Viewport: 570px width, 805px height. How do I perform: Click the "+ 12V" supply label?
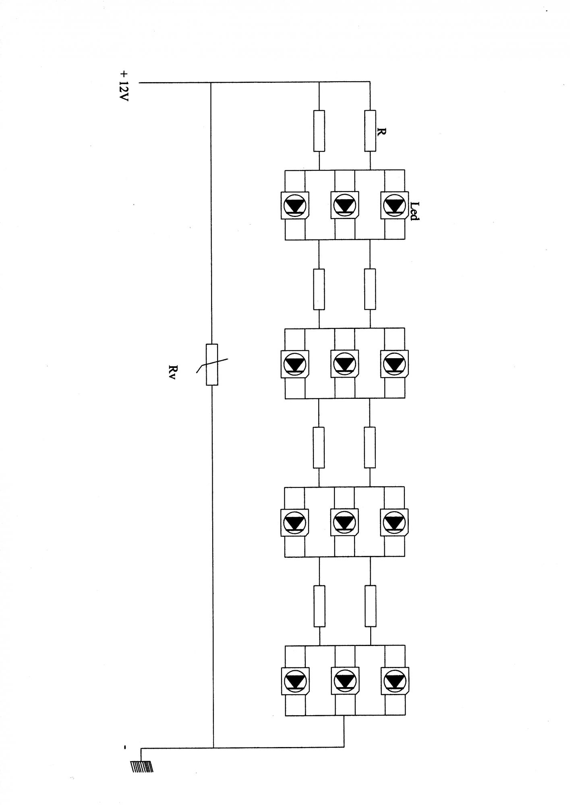point(124,86)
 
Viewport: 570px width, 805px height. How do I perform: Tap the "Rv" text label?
point(173,372)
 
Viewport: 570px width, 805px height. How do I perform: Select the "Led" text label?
point(414,211)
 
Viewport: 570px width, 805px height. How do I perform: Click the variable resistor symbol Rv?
point(212,364)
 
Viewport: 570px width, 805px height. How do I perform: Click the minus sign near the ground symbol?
point(125,747)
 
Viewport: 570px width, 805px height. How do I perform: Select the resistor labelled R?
point(370,131)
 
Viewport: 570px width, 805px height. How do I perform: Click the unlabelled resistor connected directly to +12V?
point(319,131)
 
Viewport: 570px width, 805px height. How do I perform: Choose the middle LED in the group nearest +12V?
point(344,205)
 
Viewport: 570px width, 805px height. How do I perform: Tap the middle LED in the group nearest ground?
point(344,680)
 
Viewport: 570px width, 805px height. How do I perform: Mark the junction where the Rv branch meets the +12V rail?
point(211,83)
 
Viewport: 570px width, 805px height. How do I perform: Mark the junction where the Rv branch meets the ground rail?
point(213,747)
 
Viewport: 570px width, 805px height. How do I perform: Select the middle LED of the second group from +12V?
point(344,364)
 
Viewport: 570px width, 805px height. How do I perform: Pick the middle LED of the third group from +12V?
point(344,522)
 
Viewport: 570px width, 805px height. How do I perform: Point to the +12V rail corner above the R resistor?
point(370,83)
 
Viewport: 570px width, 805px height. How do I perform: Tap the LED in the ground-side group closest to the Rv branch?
point(295,680)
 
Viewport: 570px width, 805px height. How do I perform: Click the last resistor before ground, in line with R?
point(370,606)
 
